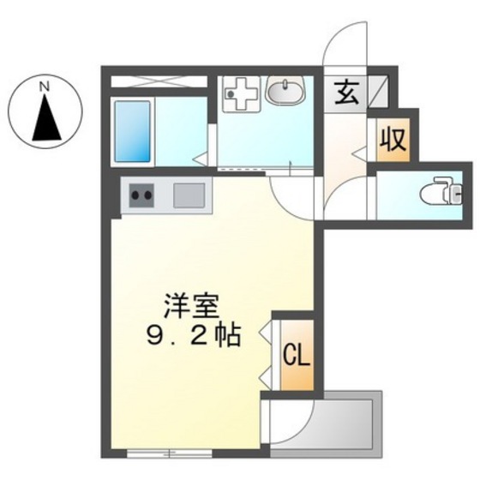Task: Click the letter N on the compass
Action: (45, 86)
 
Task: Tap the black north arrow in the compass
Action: (45, 119)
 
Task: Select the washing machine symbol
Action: (239, 93)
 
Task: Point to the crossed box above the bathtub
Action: (159, 82)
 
